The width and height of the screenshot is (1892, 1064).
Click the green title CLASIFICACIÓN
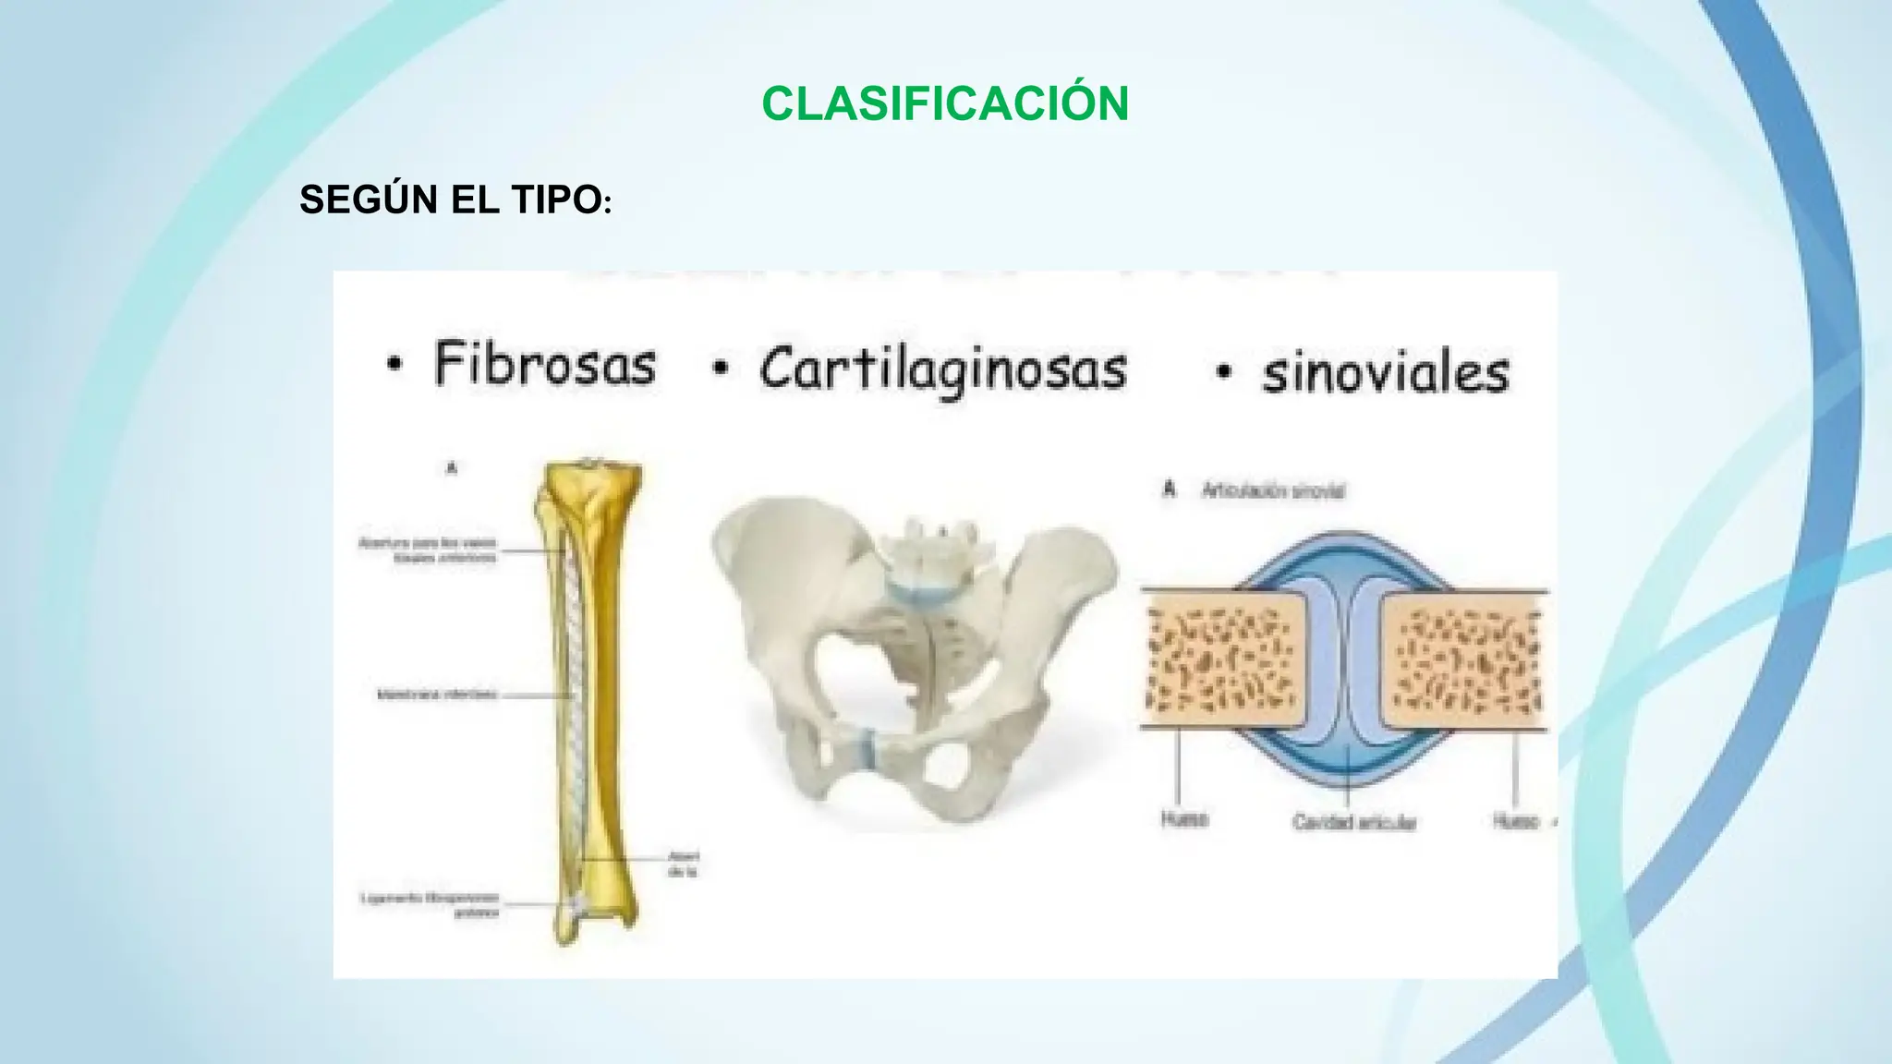click(x=944, y=103)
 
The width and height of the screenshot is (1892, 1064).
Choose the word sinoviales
click(x=1385, y=374)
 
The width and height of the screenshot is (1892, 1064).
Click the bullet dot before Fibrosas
click(x=394, y=367)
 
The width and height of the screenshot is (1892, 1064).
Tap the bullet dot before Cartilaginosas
click(x=721, y=370)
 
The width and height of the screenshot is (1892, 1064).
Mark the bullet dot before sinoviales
click(x=1224, y=373)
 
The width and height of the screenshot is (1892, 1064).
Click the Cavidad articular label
click(x=1353, y=822)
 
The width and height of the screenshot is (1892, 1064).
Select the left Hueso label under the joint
click(x=1184, y=819)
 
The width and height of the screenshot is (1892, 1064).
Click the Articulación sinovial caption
click(x=1272, y=491)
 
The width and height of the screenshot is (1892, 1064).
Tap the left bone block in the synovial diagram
click(x=1224, y=658)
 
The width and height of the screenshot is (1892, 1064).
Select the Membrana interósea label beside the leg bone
click(x=437, y=694)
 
